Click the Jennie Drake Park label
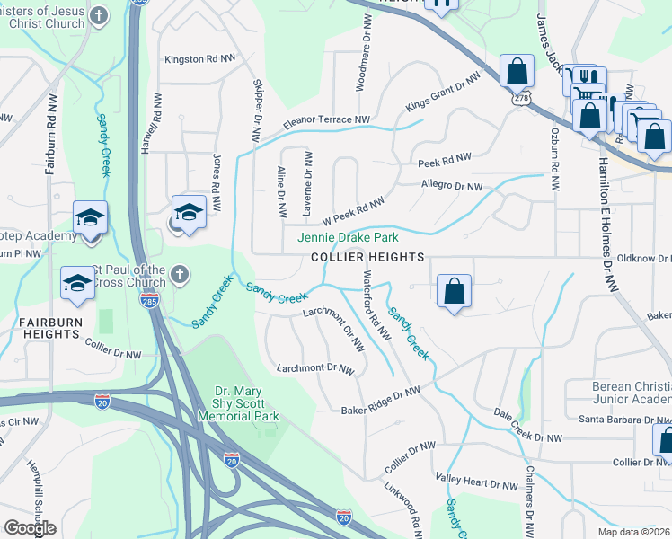coord(348,238)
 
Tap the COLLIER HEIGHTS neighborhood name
coord(367,257)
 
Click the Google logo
coord(30,527)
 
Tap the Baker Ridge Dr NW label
coord(381,401)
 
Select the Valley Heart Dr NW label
coord(476,482)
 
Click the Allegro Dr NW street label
coord(452,187)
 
